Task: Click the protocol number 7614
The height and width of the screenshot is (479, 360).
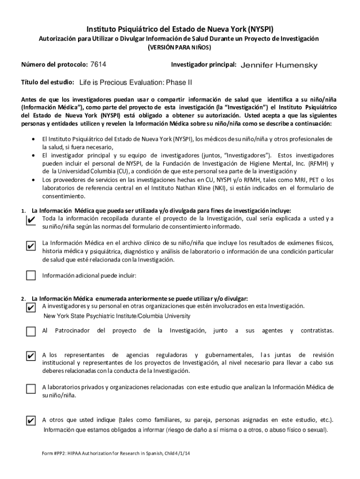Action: click(101, 65)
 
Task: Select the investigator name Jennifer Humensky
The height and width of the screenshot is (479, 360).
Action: click(279, 65)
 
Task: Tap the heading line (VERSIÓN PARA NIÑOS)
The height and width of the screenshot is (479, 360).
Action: click(179, 48)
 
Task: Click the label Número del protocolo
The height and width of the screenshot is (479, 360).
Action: click(54, 65)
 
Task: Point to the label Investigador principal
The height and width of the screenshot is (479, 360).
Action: click(203, 65)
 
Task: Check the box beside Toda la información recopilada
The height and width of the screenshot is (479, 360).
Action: click(31, 220)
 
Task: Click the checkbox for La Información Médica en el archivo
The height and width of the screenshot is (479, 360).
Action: click(31, 246)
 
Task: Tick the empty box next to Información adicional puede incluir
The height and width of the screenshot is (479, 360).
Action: click(31, 275)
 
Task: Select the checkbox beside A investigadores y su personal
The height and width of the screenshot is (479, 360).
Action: click(31, 307)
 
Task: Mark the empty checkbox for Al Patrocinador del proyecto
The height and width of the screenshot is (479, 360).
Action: click(31, 332)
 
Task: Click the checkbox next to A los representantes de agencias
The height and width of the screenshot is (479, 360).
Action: click(31, 356)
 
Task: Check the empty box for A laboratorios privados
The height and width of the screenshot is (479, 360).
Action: click(31, 389)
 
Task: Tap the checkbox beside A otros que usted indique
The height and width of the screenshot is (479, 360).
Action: click(31, 421)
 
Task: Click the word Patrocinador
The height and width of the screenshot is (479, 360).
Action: click(72, 331)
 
